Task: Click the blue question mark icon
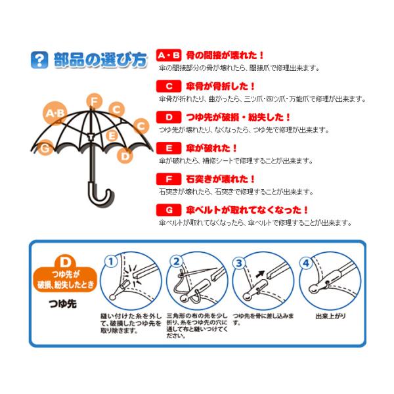(39, 60)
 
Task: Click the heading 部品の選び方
(100, 60)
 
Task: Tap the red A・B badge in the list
(169, 55)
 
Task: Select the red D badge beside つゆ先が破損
(169, 117)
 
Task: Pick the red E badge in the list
(169, 148)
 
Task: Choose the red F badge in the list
(169, 179)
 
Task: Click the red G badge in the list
(169, 210)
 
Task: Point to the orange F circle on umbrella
(94, 102)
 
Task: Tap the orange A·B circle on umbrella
(55, 114)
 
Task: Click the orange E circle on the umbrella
(112, 136)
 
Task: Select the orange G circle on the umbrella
(45, 148)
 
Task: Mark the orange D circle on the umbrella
(125, 156)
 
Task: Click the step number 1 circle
(111, 262)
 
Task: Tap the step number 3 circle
(239, 263)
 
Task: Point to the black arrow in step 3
(261, 274)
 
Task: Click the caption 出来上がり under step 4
(331, 316)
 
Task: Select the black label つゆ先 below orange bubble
(63, 304)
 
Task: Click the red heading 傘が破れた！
(211, 148)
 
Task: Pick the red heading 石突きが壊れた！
(221, 179)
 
